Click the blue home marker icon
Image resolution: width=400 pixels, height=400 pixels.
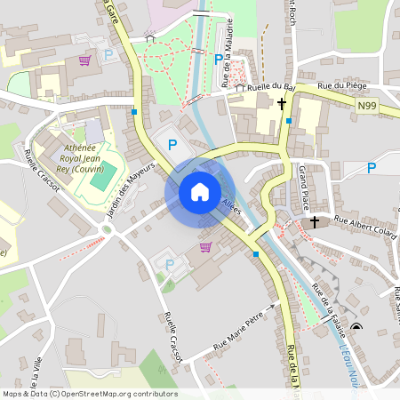(x=199, y=192)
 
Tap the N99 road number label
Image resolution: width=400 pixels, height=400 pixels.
(x=367, y=106)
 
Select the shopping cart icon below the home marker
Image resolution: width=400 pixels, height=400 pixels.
(x=206, y=246)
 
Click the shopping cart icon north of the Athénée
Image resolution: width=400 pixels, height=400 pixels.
(x=84, y=60)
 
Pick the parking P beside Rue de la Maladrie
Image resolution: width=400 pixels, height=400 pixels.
(x=219, y=60)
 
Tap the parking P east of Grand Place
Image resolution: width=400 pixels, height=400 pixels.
(x=372, y=167)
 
